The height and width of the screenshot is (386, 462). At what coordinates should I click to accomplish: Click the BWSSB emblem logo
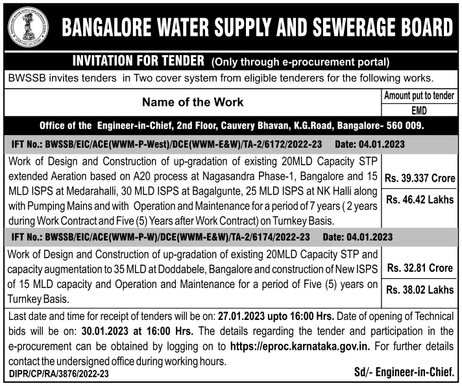click(x=26, y=27)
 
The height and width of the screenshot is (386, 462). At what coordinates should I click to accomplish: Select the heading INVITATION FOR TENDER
click(x=138, y=62)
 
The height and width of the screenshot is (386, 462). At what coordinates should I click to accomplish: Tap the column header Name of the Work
click(x=193, y=102)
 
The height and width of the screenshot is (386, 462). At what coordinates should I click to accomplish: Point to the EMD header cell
click(x=419, y=110)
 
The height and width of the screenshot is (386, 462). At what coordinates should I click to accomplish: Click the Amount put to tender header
click(x=419, y=96)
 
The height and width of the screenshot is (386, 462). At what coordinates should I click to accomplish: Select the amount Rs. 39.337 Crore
click(x=419, y=176)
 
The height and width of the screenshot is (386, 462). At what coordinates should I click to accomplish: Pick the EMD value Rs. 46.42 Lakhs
click(x=419, y=200)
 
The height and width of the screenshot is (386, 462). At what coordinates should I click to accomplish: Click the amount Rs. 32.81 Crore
click(x=419, y=267)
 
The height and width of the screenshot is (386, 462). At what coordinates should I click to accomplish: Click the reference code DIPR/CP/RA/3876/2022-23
click(x=59, y=374)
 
